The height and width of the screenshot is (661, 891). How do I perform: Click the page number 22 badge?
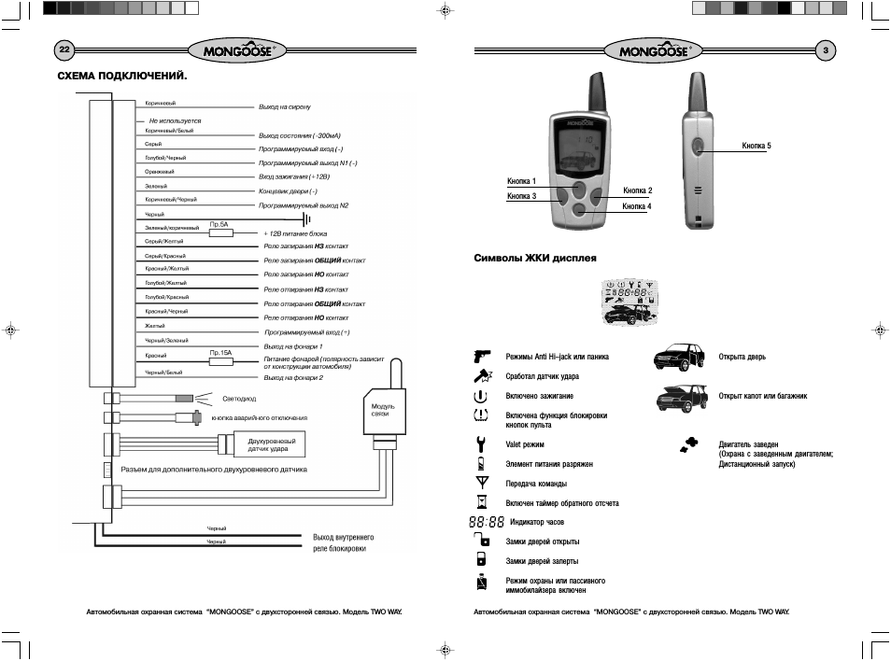click(x=64, y=49)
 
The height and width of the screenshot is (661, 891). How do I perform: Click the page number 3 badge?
click(x=826, y=49)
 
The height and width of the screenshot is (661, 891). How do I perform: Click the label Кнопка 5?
click(x=757, y=146)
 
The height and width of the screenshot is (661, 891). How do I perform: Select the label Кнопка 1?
click(x=521, y=180)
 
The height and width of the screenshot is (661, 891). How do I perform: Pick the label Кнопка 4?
click(x=637, y=205)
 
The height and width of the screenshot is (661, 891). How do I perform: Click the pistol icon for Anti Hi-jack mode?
click(x=482, y=356)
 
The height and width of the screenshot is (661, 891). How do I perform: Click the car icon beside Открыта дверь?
click(x=680, y=357)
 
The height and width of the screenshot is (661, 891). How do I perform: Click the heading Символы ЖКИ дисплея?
click(x=535, y=257)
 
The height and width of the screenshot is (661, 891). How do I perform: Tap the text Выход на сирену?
click(x=284, y=107)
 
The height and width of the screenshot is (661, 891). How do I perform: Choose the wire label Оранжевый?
click(x=159, y=172)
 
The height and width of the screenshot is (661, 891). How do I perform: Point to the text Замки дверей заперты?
click(x=542, y=561)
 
